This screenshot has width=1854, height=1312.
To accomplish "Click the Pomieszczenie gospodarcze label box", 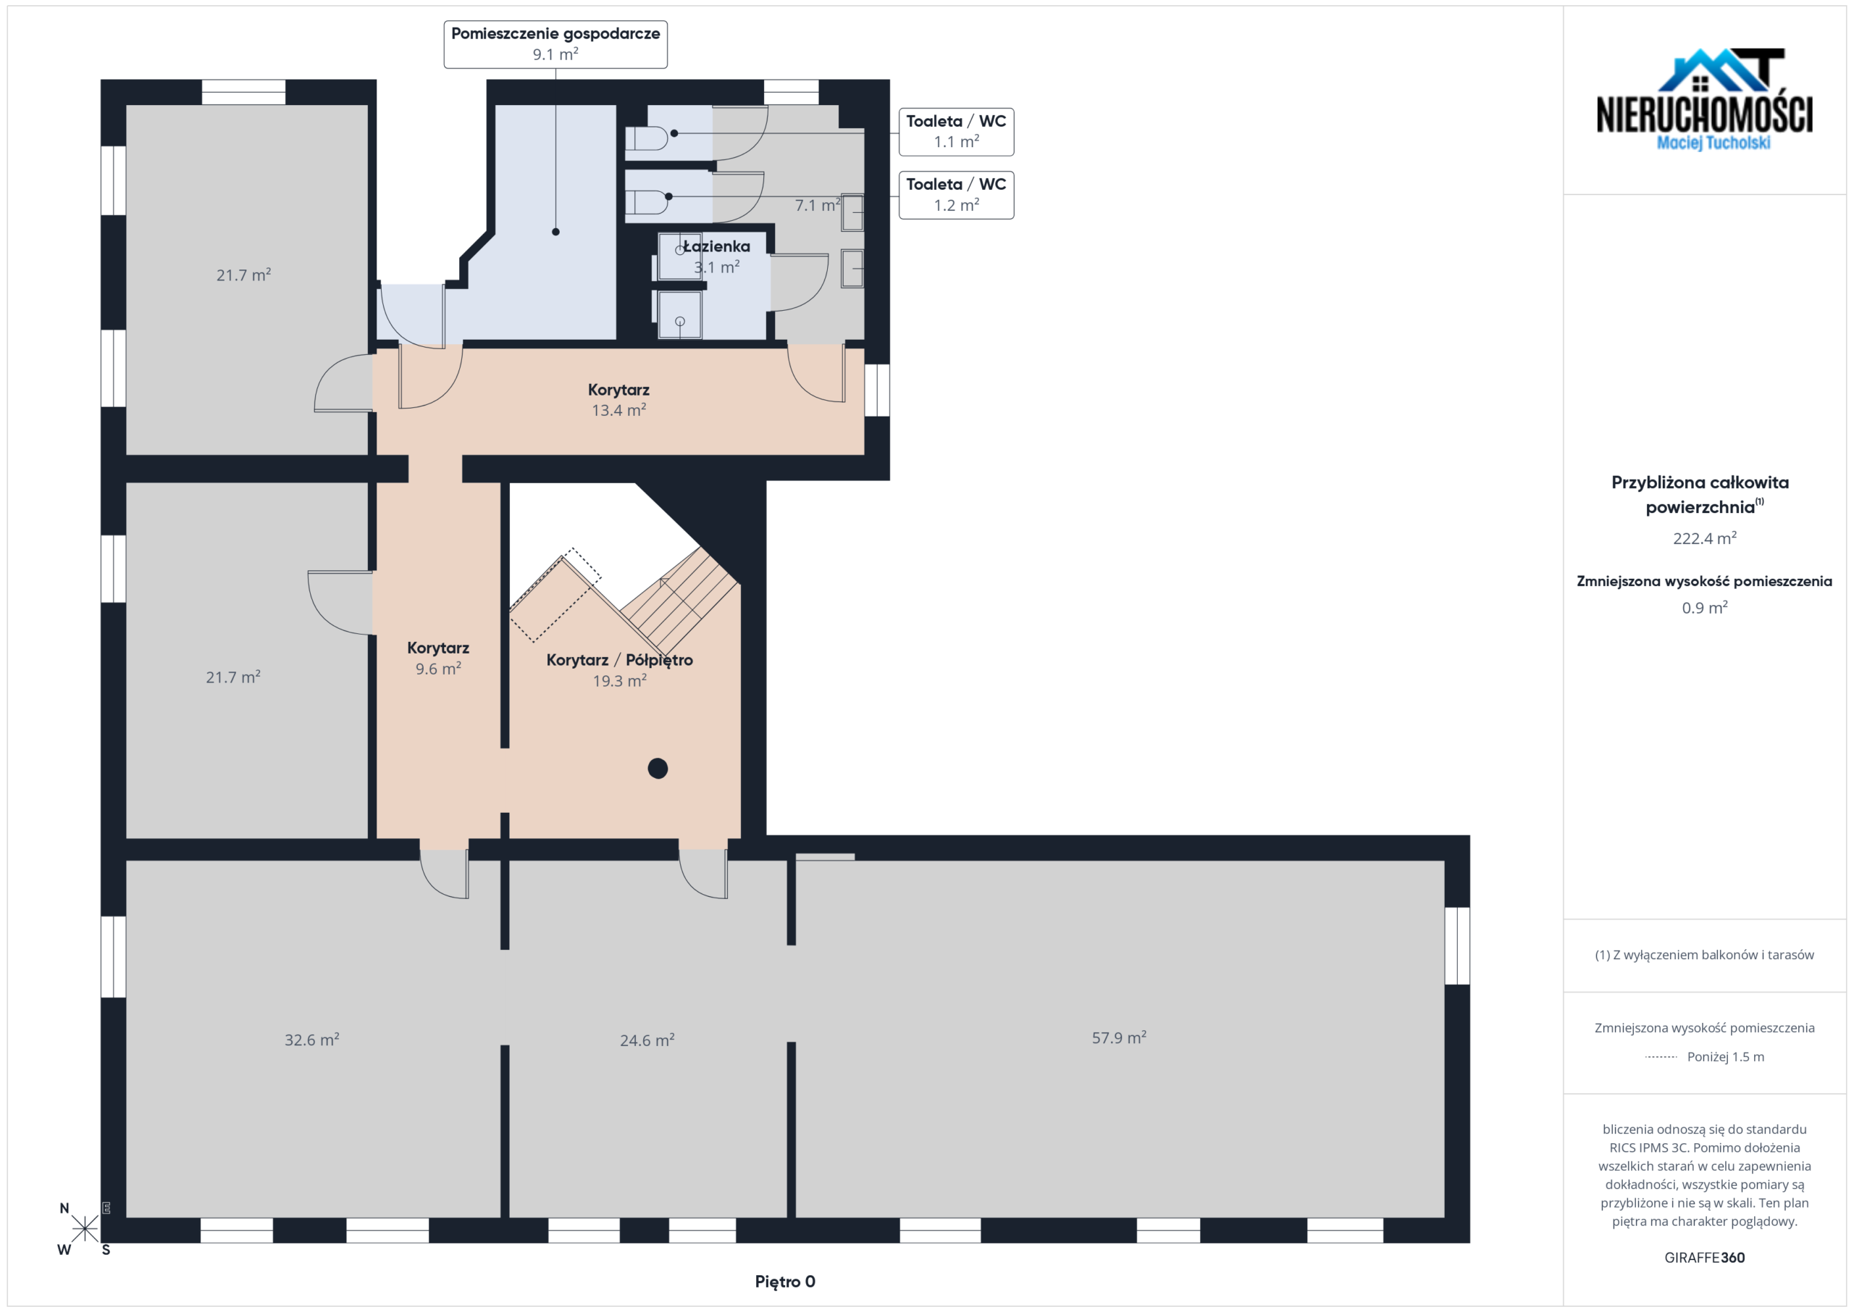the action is coord(555,44).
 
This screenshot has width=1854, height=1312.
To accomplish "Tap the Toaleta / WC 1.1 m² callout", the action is coord(956,132).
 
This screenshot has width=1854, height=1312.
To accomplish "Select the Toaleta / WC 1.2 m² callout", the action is coord(956,195).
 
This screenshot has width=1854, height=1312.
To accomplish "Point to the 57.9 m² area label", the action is coord(1119,1037).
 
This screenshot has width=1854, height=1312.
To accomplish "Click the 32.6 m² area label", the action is coord(311,1040).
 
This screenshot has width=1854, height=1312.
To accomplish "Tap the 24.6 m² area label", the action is coord(647,1040).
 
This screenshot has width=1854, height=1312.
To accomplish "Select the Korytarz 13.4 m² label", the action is coord(618,400).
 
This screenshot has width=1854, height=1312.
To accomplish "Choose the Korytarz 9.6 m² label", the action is coord(437,659).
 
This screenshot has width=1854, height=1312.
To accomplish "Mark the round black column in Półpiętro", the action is coord(658,769).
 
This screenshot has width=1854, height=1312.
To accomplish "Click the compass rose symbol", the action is coord(84,1229).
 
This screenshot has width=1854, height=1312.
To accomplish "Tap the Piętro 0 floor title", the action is coord(785,1282).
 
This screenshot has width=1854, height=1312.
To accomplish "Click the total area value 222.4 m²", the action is coord(1705,538).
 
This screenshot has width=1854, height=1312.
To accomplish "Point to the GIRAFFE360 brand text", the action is coord(1705,1257).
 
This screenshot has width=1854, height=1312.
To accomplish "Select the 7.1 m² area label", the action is coord(817,205).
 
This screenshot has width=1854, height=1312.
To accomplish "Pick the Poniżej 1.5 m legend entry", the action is coord(1705,1057).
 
